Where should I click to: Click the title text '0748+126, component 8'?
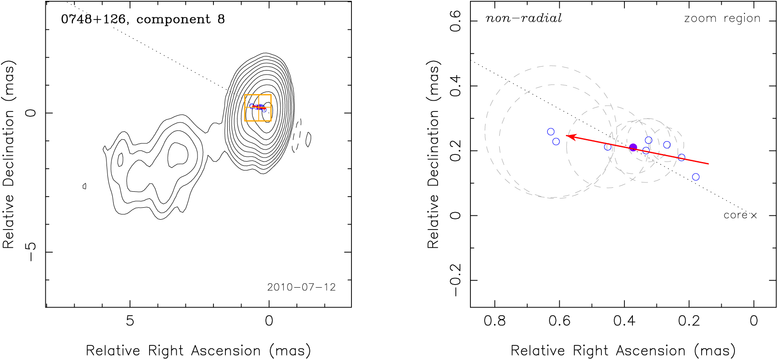click(143, 20)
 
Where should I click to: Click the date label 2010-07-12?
click(301, 287)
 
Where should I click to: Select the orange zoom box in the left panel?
click(258, 108)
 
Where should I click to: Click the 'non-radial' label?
click(524, 18)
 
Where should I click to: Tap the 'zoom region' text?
click(722, 18)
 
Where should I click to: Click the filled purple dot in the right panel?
click(633, 147)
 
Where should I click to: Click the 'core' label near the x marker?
click(735, 215)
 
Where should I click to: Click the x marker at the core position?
click(754, 215)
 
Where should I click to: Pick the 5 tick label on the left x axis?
click(130, 321)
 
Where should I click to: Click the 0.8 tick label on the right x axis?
click(495, 321)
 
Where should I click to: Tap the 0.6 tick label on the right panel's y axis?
click(456, 21)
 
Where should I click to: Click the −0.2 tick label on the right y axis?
click(456, 280)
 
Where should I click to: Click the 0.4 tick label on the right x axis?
click(624, 321)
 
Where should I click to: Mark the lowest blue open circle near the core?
click(696, 177)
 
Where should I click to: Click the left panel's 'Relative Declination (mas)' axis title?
click(9, 154)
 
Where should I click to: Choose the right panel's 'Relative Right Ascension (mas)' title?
click(623, 351)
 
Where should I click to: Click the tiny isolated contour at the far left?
click(84, 186)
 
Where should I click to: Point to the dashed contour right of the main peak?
click(297, 135)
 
